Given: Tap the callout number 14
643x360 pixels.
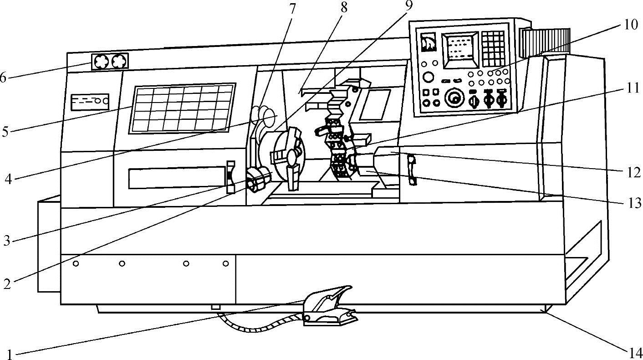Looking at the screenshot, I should click(x=636, y=352).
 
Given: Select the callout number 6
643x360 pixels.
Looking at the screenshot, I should click(x=3, y=78).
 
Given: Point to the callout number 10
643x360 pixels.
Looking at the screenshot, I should click(x=631, y=25).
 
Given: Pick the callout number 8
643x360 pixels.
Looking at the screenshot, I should click(x=343, y=8).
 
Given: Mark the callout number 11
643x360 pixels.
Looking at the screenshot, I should click(x=631, y=87).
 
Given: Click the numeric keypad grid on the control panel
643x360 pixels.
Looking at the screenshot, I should click(x=493, y=48).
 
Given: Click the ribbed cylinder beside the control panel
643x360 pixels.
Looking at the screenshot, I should click(x=545, y=42).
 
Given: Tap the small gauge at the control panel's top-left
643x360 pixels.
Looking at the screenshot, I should click(x=429, y=42).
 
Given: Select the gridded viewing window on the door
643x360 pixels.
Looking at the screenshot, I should click(x=182, y=108).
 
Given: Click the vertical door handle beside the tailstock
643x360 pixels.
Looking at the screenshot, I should click(x=412, y=170).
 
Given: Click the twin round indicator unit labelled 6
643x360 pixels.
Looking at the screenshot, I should click(x=110, y=61).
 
